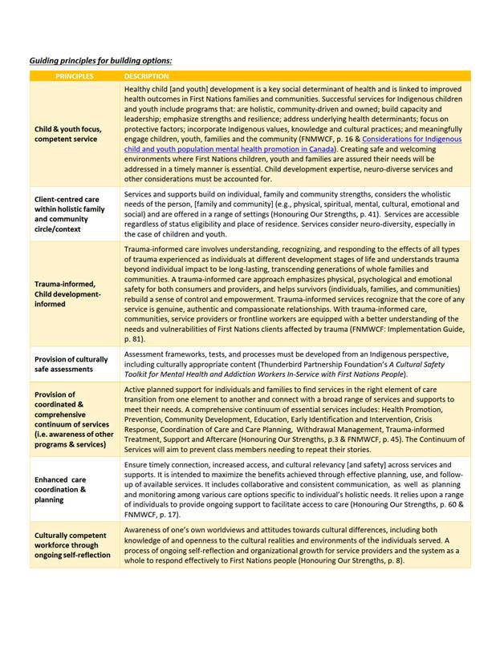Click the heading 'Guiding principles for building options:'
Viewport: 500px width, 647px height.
point(100,60)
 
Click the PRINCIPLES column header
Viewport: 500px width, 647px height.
point(75,76)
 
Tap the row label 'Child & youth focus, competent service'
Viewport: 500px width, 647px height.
point(66,133)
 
